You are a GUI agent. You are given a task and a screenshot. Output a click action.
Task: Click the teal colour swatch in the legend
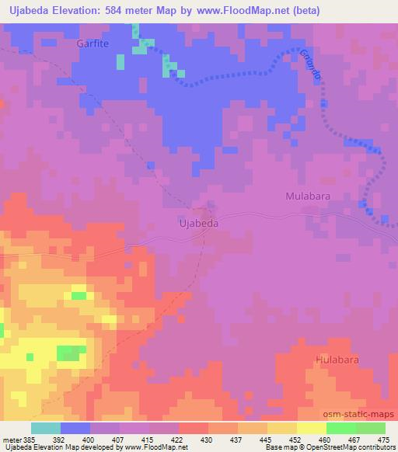45,428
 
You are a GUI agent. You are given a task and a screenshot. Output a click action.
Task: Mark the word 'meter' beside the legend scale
12,439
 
